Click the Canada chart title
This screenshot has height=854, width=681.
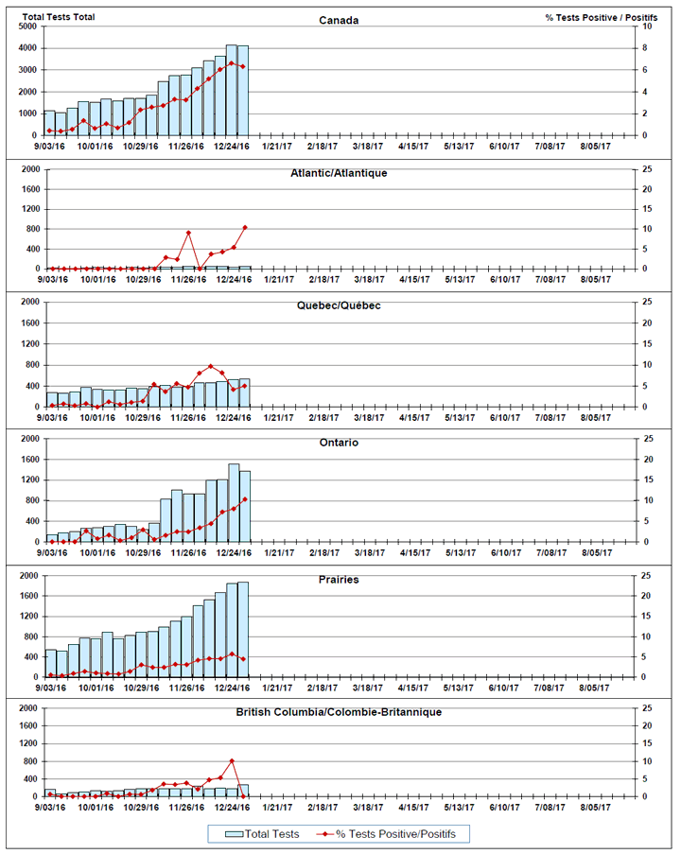click(x=339, y=20)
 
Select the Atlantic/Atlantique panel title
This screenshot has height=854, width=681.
click(x=339, y=173)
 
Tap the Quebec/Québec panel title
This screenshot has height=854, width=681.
click(x=339, y=305)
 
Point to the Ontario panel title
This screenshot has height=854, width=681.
click(x=339, y=443)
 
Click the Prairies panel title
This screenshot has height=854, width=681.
click(x=339, y=580)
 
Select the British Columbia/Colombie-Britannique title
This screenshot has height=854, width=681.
click(x=339, y=712)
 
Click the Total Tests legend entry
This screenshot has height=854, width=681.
click(x=262, y=834)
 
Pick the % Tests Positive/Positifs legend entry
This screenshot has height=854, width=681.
click(x=386, y=834)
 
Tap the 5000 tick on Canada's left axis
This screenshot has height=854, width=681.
click(x=29, y=26)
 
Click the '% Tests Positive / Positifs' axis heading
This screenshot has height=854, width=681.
click(x=601, y=17)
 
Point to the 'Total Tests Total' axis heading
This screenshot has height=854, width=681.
click(x=59, y=17)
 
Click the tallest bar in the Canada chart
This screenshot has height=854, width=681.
click(x=232, y=90)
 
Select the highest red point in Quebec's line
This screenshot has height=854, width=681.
click(x=211, y=366)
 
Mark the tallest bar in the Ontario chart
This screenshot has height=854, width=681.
click(x=234, y=503)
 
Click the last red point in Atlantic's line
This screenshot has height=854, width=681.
click(x=245, y=228)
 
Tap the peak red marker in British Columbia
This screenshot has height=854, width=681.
click(x=232, y=761)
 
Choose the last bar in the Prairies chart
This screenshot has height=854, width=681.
click(x=243, y=630)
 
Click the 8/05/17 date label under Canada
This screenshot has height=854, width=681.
click(x=595, y=146)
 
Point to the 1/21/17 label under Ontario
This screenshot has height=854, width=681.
click(x=279, y=552)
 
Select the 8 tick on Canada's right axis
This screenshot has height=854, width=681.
click(x=644, y=48)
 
